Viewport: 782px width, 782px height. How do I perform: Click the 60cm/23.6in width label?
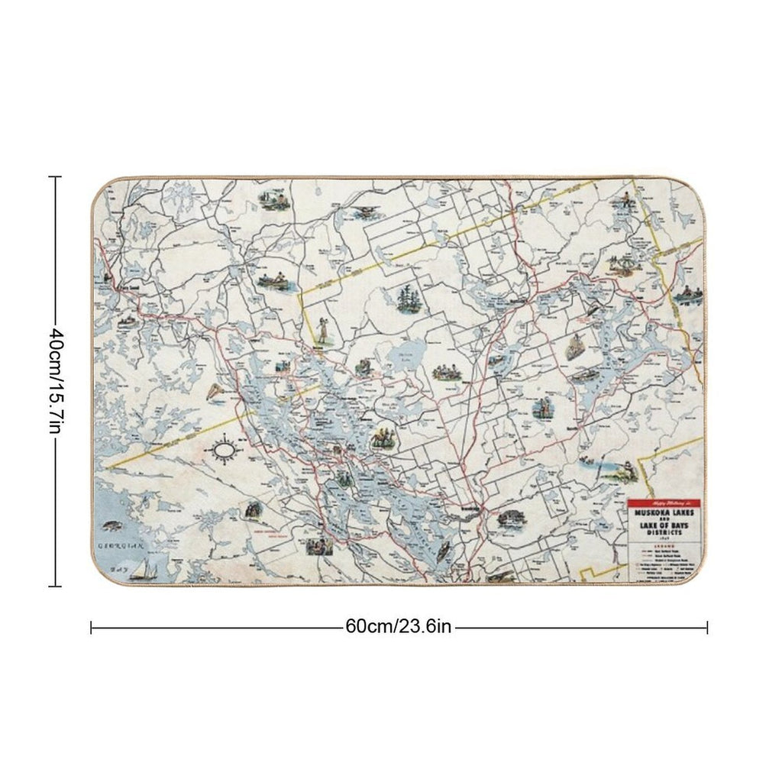399,627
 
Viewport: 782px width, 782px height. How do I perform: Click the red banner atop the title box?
662,504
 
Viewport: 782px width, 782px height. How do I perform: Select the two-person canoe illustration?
271,280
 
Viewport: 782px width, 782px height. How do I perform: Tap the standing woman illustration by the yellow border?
323,331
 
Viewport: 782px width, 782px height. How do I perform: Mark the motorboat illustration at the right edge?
689,292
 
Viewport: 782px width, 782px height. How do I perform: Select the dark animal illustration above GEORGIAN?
111,526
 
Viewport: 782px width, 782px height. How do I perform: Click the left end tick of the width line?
92,627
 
